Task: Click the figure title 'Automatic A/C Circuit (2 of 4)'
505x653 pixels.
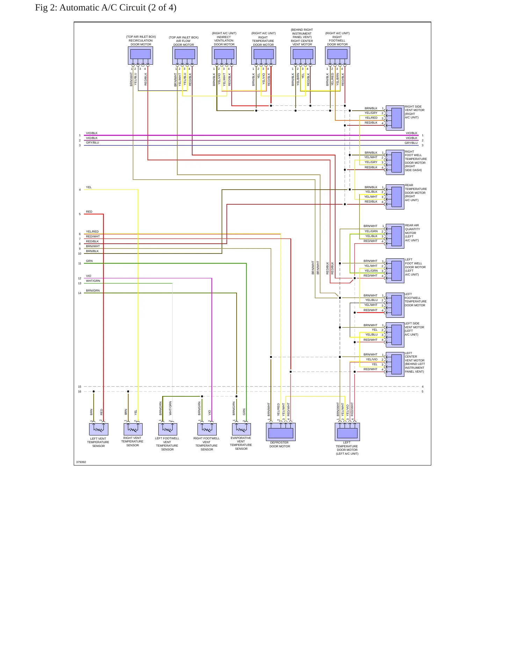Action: click(x=118, y=8)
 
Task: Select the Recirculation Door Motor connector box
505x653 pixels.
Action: click(x=140, y=56)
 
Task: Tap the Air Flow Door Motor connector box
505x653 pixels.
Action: click(x=185, y=56)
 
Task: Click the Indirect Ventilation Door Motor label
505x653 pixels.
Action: click(x=224, y=39)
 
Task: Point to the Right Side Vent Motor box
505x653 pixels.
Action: click(x=395, y=118)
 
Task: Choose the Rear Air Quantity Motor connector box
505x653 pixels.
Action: click(x=395, y=236)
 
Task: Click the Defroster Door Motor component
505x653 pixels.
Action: click(x=281, y=432)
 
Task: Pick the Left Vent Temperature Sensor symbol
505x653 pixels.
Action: click(x=99, y=429)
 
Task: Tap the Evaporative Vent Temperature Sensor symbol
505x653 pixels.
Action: click(x=241, y=429)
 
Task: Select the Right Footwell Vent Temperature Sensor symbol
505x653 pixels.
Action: click(x=207, y=429)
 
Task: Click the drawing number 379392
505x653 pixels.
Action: click(x=81, y=462)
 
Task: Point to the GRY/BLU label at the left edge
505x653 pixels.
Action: click(x=93, y=142)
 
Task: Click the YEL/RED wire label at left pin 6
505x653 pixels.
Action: click(x=92, y=232)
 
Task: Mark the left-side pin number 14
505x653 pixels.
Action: click(x=80, y=293)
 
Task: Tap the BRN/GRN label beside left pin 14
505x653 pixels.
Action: click(x=93, y=291)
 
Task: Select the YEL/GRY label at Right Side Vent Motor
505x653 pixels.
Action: click(x=371, y=113)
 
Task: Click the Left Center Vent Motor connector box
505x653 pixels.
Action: click(x=395, y=364)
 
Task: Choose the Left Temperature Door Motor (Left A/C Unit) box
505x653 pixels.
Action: click(x=347, y=432)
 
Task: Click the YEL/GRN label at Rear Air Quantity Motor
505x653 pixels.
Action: click(x=371, y=231)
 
